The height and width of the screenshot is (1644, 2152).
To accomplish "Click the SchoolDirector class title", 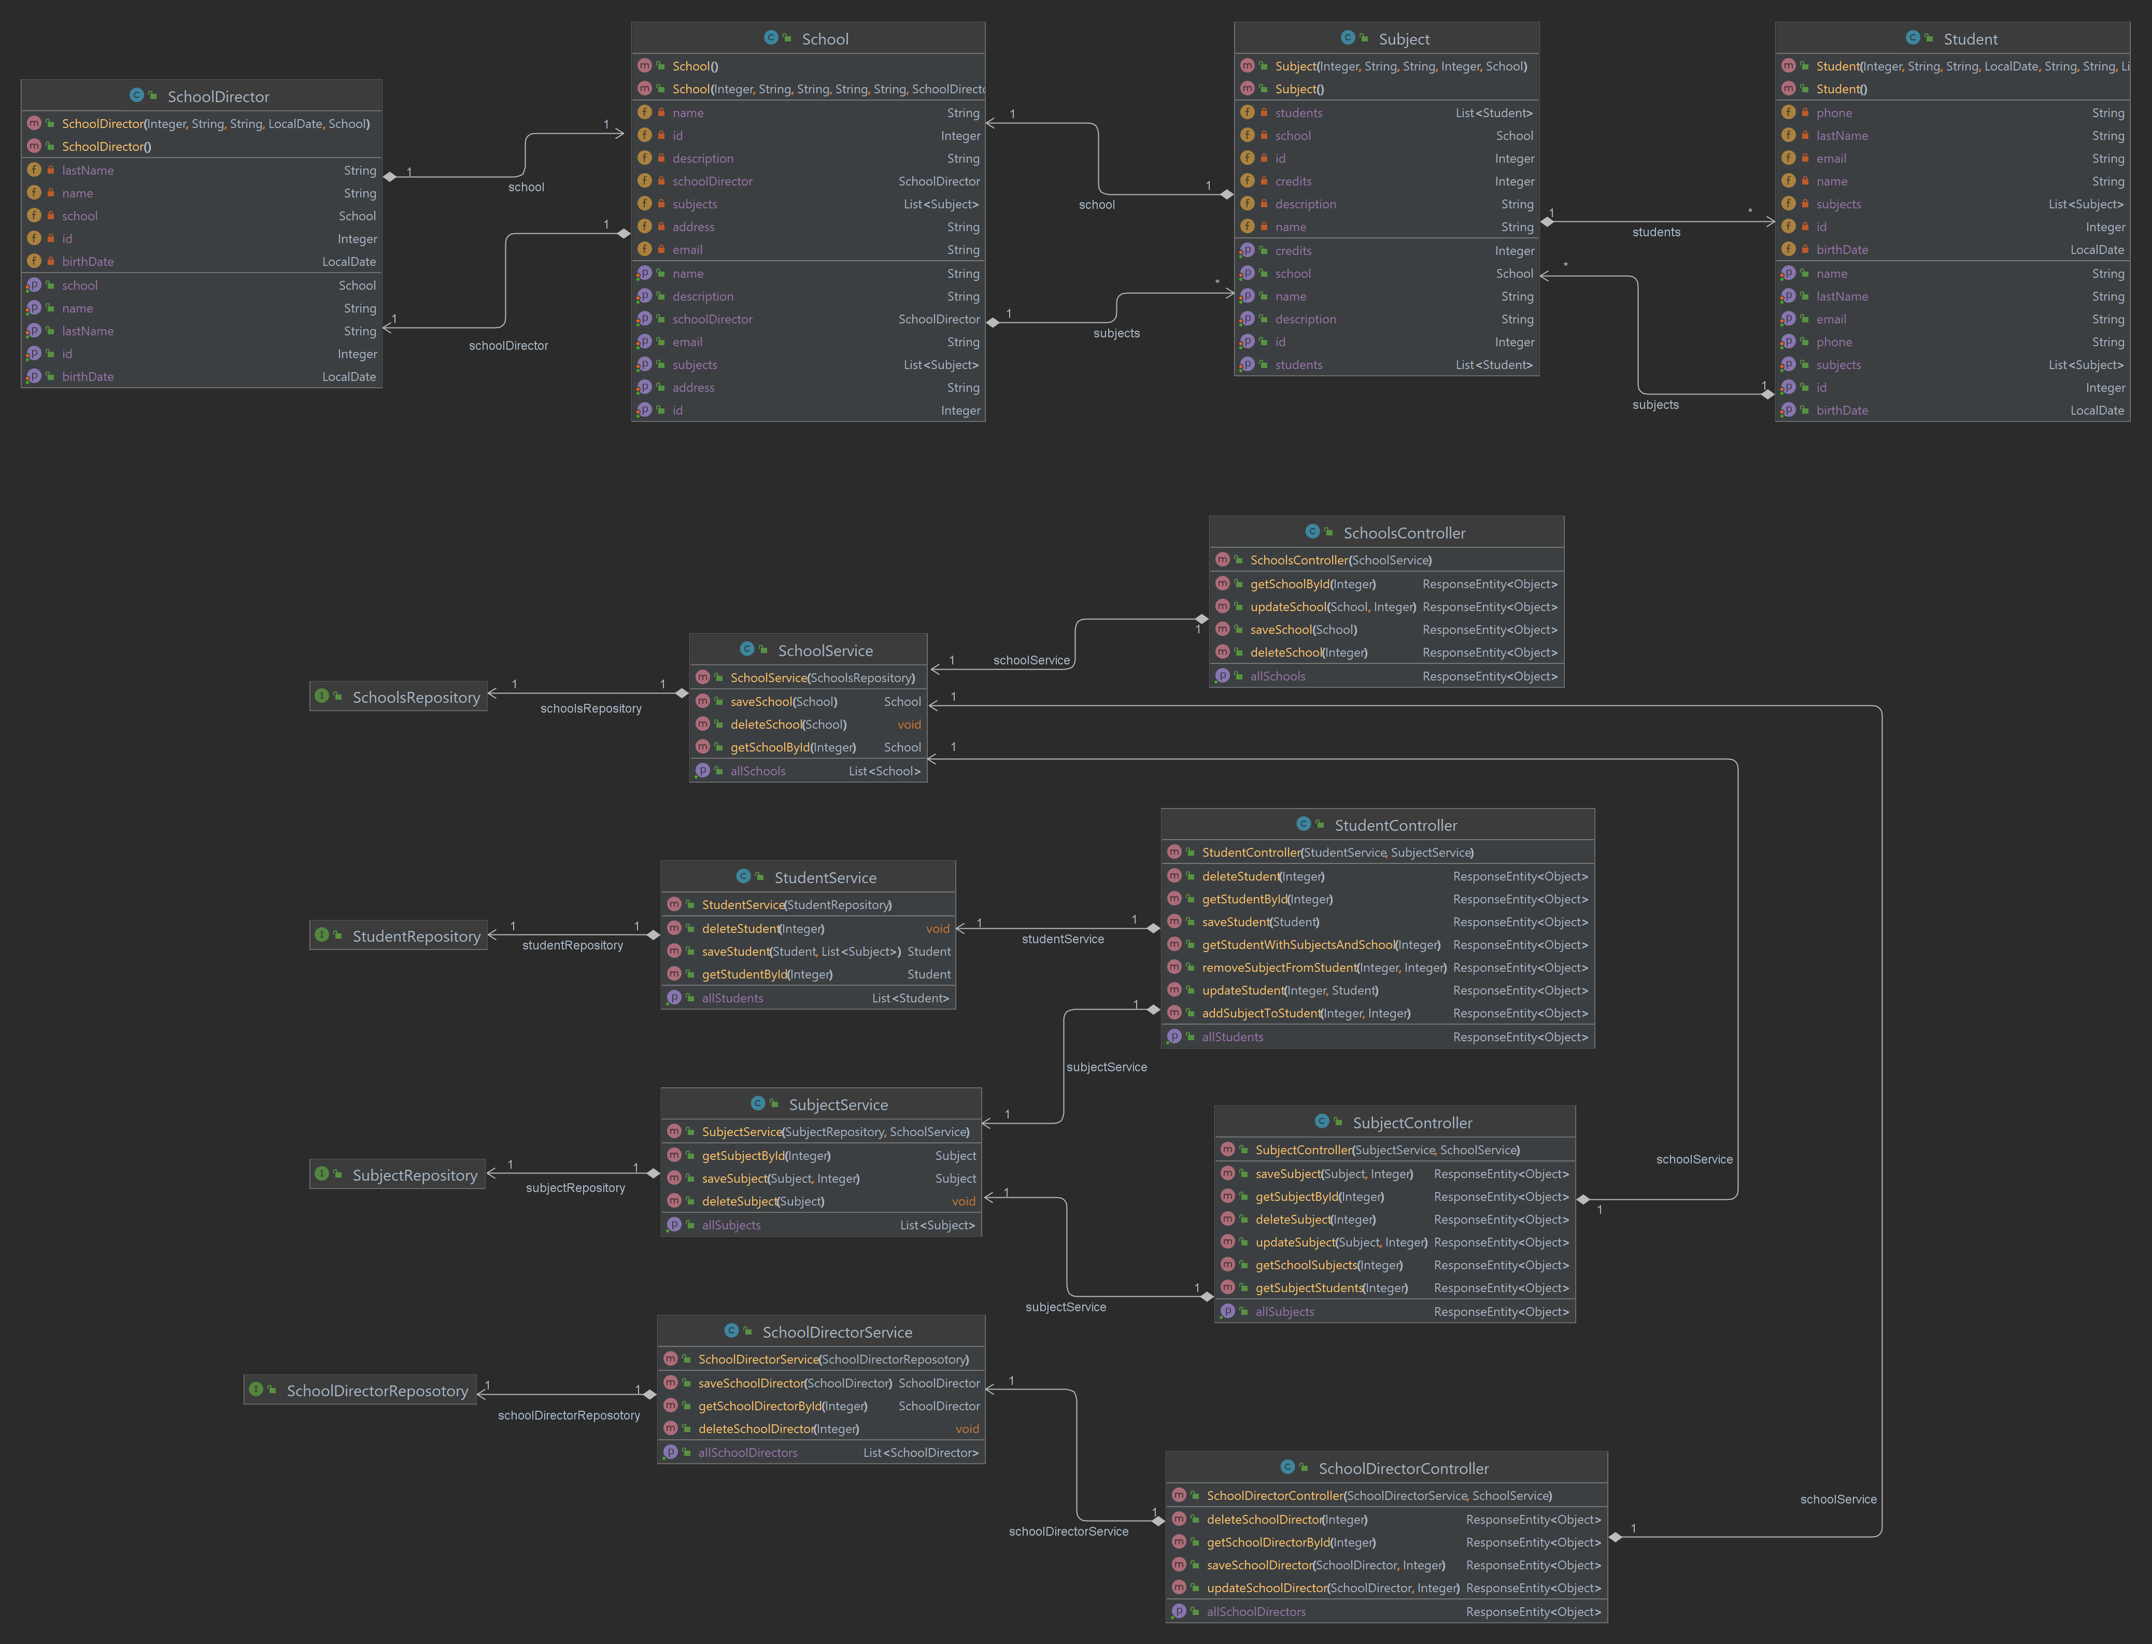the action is click(x=218, y=96).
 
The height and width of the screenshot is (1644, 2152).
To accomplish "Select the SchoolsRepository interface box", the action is click(x=398, y=697).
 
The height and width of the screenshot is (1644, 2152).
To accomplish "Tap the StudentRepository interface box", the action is click(x=398, y=936).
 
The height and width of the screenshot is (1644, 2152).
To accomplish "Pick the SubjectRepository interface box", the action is click(x=398, y=1174).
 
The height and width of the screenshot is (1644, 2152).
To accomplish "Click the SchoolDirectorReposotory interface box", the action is click(x=360, y=1391).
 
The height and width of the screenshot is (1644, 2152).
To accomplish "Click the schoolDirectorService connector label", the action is click(x=1069, y=1532).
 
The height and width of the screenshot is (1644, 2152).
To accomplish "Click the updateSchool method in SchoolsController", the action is click(x=1333, y=607).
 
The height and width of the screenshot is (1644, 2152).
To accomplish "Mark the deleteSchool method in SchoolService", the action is click(x=789, y=724).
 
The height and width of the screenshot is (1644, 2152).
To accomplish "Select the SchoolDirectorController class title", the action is click(x=1404, y=1468).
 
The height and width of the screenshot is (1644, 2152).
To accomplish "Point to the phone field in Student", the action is click(x=1834, y=112).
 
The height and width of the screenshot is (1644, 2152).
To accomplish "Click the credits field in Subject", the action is click(x=1293, y=181).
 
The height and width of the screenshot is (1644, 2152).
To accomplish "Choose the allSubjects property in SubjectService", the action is click(x=731, y=1225).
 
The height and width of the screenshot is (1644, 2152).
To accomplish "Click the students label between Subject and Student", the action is click(x=1656, y=232).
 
